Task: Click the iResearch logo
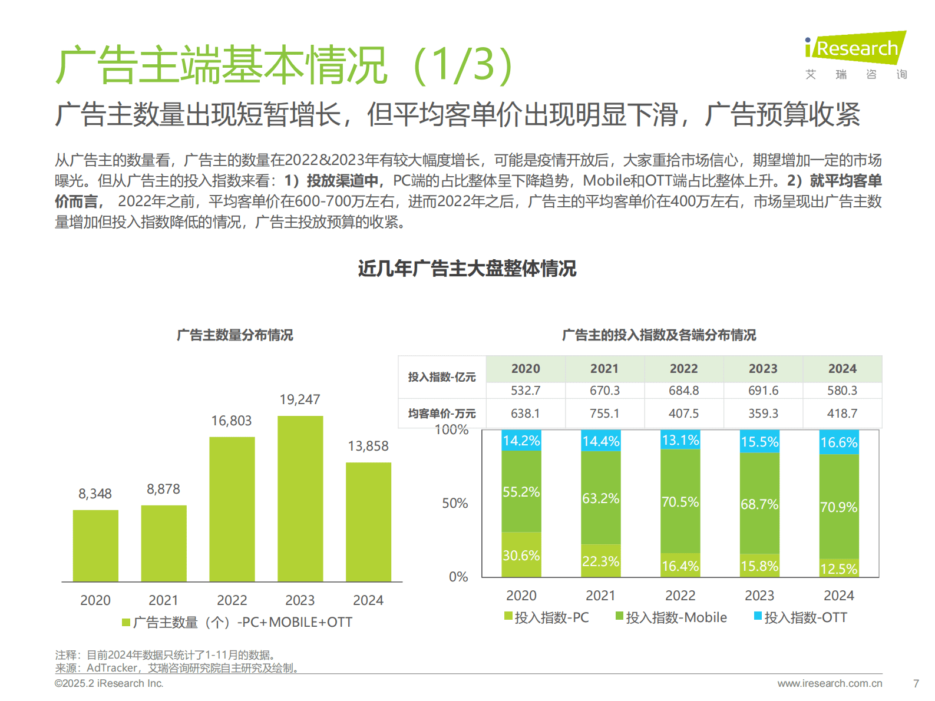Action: click(x=855, y=48)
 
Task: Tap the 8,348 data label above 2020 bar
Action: click(x=95, y=494)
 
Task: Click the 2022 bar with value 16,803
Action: click(x=232, y=509)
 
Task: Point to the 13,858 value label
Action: click(x=368, y=446)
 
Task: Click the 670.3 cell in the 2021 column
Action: click(x=604, y=391)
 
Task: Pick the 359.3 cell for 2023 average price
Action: click(x=763, y=414)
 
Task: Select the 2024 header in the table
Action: click(x=842, y=369)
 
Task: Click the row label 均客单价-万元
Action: click(x=442, y=414)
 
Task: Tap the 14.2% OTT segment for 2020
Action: click(x=521, y=441)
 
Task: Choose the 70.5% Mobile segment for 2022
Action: click(x=680, y=502)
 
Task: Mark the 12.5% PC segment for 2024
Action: click(x=839, y=568)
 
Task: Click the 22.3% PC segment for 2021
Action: click(x=600, y=561)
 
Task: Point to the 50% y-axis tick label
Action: click(x=455, y=503)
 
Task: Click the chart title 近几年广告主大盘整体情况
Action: click(x=467, y=269)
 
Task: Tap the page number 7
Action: click(x=916, y=683)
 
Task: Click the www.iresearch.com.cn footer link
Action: click(x=830, y=683)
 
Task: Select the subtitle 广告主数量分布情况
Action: click(x=235, y=335)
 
